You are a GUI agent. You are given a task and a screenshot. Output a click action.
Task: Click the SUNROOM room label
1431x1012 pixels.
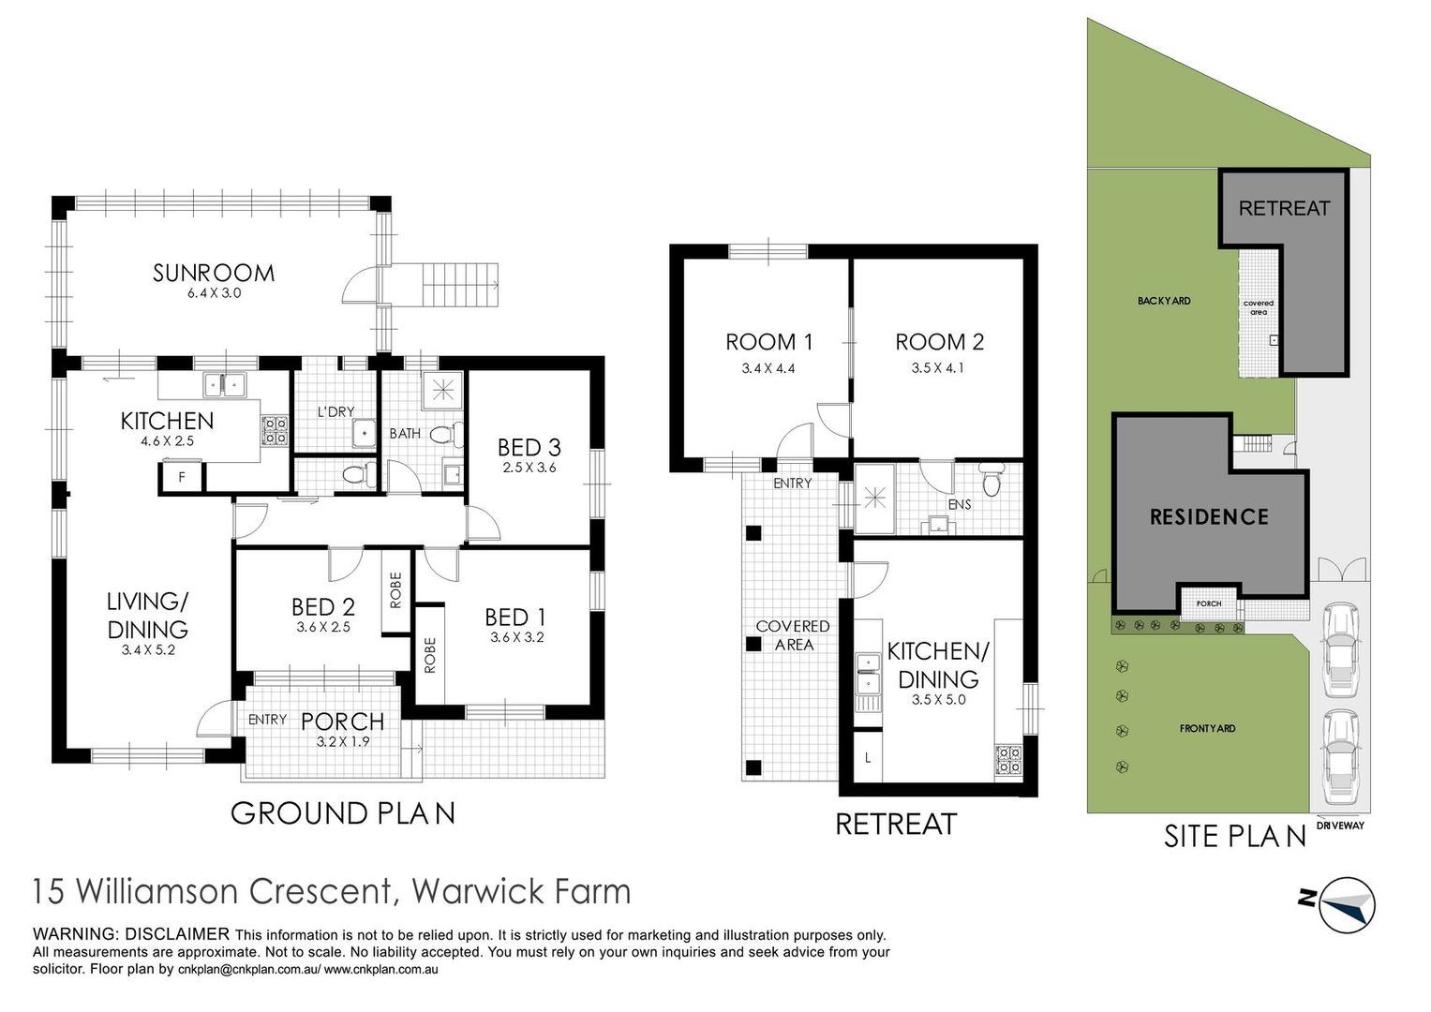(x=214, y=274)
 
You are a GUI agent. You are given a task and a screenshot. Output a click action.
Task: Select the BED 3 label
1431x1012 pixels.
(x=529, y=447)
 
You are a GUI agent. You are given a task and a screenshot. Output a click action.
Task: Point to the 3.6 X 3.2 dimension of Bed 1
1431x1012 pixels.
(x=516, y=637)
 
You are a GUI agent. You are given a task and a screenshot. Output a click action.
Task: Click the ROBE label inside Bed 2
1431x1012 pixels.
(x=395, y=589)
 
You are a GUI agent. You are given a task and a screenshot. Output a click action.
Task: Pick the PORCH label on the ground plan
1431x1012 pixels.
(x=342, y=722)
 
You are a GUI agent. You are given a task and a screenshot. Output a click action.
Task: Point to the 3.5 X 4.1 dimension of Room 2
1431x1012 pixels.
(x=937, y=368)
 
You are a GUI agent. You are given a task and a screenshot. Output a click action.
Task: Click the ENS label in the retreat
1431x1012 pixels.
(x=959, y=504)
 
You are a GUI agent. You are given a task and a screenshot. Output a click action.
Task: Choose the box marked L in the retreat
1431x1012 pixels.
(x=868, y=757)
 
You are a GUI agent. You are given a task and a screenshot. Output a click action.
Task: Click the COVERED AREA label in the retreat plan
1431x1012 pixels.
(x=793, y=635)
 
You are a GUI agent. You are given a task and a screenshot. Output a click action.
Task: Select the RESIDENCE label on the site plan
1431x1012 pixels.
(x=1209, y=516)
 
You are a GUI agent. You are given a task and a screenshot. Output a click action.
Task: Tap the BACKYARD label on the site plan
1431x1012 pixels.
(x=1164, y=301)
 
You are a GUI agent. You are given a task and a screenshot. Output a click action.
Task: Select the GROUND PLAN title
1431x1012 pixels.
(x=343, y=813)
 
